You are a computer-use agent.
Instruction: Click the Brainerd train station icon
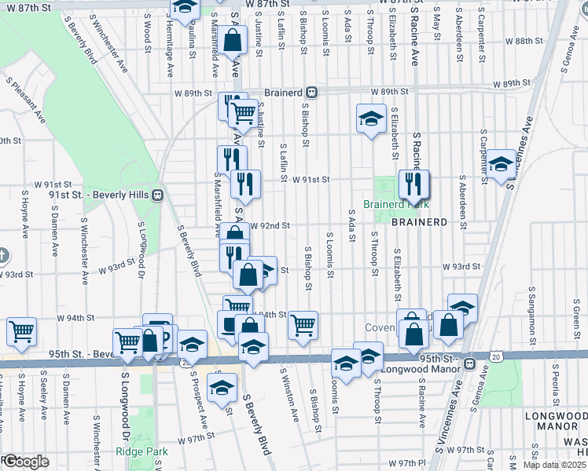(x=312, y=92)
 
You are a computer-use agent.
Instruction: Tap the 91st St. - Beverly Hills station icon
(x=158, y=195)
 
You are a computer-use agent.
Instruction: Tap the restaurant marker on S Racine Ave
(x=413, y=185)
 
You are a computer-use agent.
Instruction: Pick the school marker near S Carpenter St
(x=500, y=164)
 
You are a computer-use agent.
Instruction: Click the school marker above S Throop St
(x=371, y=119)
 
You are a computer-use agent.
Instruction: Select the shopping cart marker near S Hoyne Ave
(x=21, y=331)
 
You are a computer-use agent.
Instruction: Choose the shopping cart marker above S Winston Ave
(x=303, y=325)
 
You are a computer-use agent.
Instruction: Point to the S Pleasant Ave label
(x=26, y=99)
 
